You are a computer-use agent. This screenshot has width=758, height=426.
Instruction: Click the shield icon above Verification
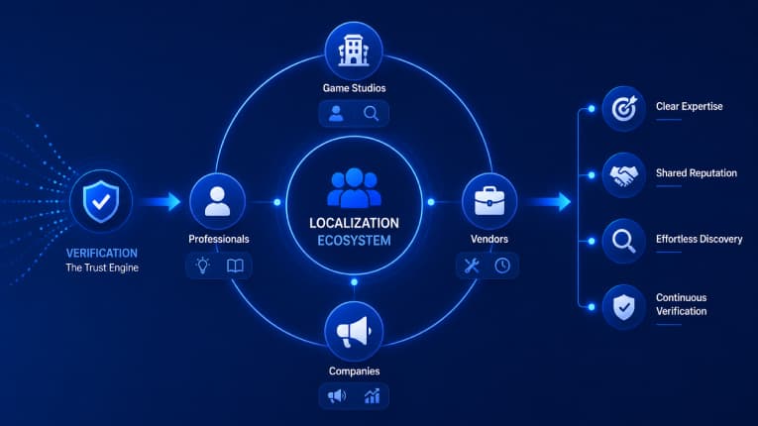[101, 202]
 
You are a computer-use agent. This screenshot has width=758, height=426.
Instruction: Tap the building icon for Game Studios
[354, 51]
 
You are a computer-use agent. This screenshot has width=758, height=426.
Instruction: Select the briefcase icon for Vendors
[489, 201]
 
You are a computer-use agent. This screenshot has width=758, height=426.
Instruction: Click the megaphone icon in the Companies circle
[354, 331]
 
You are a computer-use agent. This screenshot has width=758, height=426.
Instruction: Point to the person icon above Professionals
[218, 201]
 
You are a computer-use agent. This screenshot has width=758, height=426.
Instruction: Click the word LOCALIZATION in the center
[355, 223]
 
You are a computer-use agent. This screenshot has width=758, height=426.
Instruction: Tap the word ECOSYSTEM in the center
[355, 241]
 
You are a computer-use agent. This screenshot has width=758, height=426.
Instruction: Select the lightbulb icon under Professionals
[202, 266]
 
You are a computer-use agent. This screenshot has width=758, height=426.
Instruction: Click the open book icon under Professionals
[235, 266]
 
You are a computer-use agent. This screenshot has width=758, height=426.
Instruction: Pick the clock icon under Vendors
[502, 266]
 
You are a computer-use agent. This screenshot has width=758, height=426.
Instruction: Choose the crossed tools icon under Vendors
[472, 266]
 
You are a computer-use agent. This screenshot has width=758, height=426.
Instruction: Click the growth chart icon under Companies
[372, 396]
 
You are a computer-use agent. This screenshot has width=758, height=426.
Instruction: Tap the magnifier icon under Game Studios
[372, 114]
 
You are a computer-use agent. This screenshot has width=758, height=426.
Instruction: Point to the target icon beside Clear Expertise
[624, 108]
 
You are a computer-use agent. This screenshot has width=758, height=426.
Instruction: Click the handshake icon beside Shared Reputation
[623, 175]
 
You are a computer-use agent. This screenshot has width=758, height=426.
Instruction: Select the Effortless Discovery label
[699, 239]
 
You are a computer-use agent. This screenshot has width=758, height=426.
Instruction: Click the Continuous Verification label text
[681, 304]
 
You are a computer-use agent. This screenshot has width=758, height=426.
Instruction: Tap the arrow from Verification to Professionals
[161, 202]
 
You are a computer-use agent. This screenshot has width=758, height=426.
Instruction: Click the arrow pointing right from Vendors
[549, 202]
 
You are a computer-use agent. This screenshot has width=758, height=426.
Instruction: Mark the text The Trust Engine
[102, 267]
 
